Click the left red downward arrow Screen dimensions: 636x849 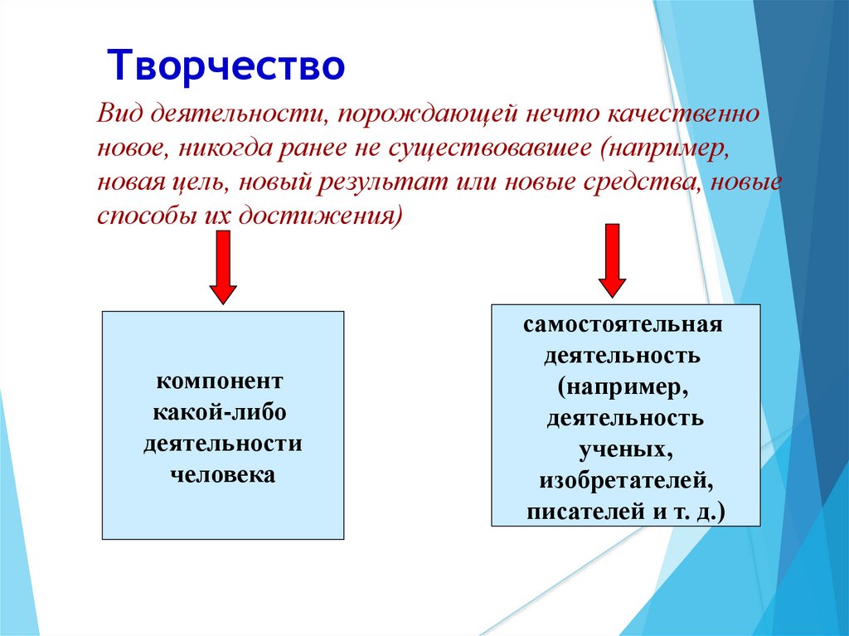223,267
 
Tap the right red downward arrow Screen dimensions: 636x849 613,260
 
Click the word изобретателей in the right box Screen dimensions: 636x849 626,480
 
